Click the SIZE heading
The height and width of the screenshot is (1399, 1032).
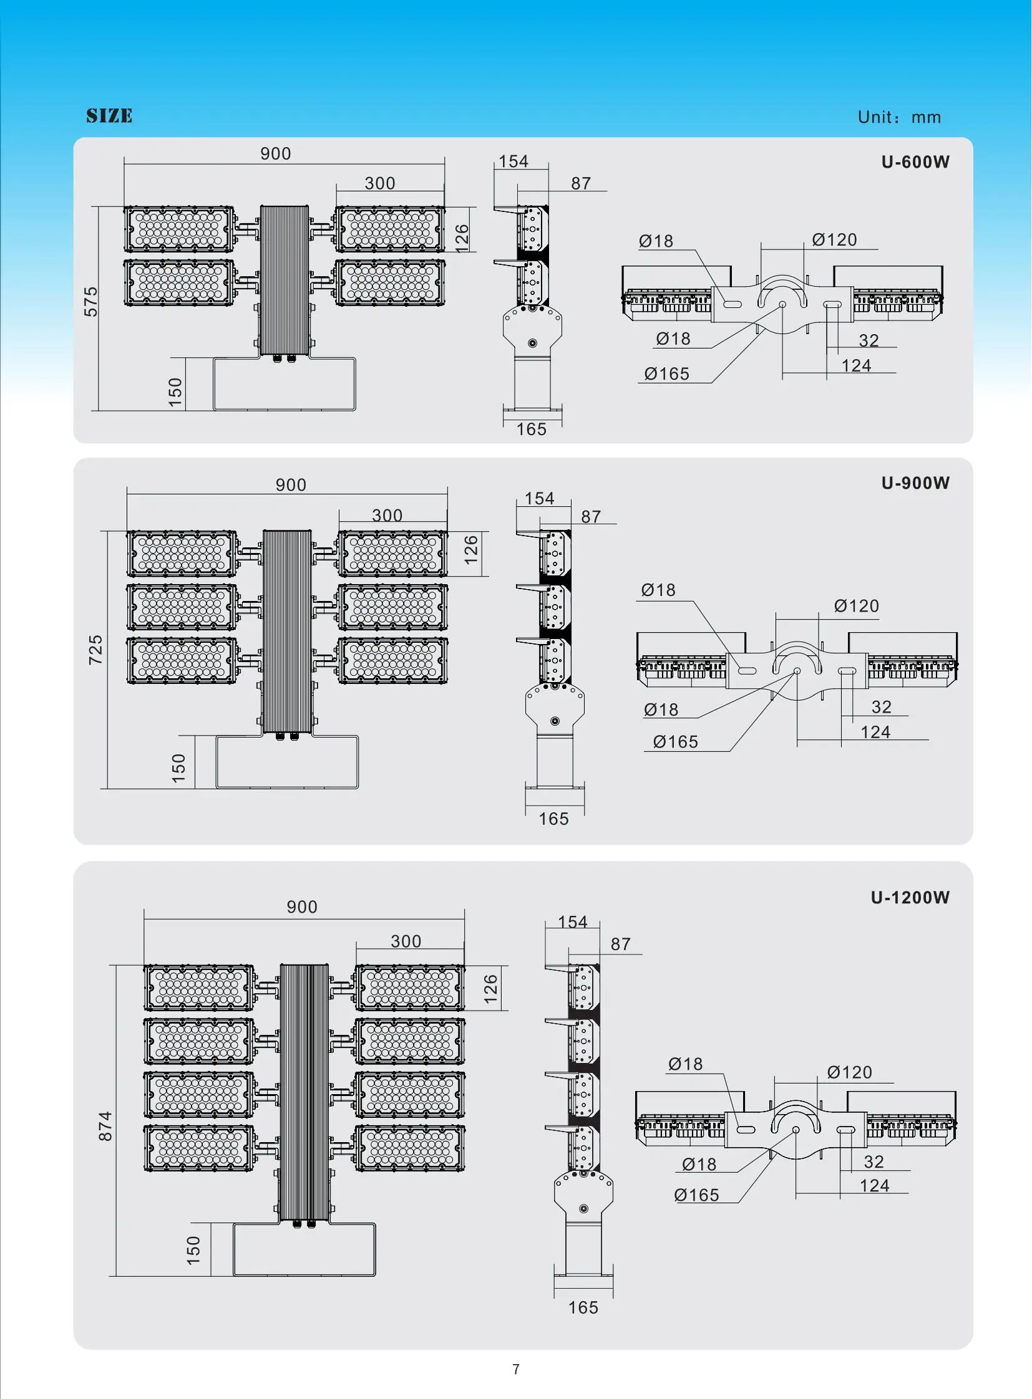[109, 115]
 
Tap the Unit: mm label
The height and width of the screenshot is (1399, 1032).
[899, 117]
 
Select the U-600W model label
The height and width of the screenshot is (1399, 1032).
[915, 161]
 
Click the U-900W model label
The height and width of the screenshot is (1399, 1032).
[915, 483]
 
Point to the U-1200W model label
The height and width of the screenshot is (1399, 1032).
[910, 897]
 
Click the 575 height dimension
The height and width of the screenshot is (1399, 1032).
[91, 302]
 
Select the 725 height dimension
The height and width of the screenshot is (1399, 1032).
[95, 649]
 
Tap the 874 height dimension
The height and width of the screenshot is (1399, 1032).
[105, 1126]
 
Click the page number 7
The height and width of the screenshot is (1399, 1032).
[516, 1369]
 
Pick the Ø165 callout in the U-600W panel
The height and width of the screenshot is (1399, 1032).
[666, 373]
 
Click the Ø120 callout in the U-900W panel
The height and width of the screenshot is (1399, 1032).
[857, 605]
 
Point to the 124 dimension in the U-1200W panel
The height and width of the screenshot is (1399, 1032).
[875, 1186]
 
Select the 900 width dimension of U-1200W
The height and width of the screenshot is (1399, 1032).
[302, 906]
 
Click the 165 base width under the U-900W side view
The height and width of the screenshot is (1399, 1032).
[553, 819]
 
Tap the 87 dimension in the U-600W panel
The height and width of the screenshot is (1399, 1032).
[581, 183]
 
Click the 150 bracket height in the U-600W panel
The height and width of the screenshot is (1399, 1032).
[175, 392]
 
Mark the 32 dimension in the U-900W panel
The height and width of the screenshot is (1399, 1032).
[882, 707]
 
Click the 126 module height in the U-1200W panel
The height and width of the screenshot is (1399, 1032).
[490, 989]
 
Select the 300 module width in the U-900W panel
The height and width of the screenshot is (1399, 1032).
[387, 515]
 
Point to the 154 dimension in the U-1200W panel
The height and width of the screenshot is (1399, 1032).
[572, 921]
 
